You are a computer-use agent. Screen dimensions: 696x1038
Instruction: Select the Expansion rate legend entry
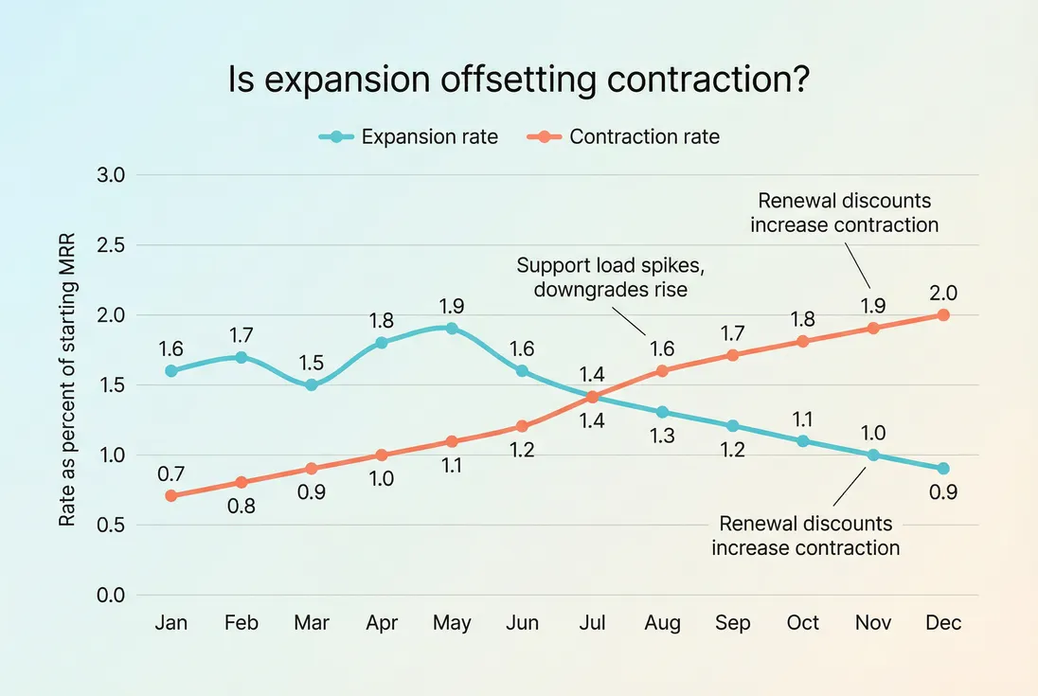409,136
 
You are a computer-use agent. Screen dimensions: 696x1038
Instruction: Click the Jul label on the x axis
592,622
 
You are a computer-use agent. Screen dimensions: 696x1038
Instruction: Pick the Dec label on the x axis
943,622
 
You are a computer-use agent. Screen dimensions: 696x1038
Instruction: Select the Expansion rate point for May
452,329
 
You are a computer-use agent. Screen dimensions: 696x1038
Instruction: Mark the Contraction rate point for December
943,314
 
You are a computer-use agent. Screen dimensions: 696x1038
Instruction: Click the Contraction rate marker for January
171,495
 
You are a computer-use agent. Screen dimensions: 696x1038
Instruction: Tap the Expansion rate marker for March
311,384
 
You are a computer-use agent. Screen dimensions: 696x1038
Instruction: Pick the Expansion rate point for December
943,469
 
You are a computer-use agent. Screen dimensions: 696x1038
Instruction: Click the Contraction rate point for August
662,370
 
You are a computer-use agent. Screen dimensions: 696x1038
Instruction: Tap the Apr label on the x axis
382,622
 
